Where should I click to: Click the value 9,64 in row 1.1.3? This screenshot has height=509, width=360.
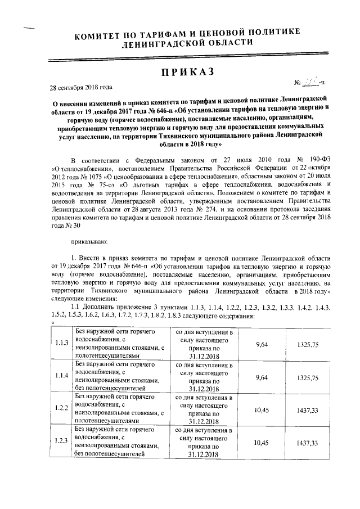point(260,344)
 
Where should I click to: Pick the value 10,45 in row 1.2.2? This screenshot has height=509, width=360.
point(260,409)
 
